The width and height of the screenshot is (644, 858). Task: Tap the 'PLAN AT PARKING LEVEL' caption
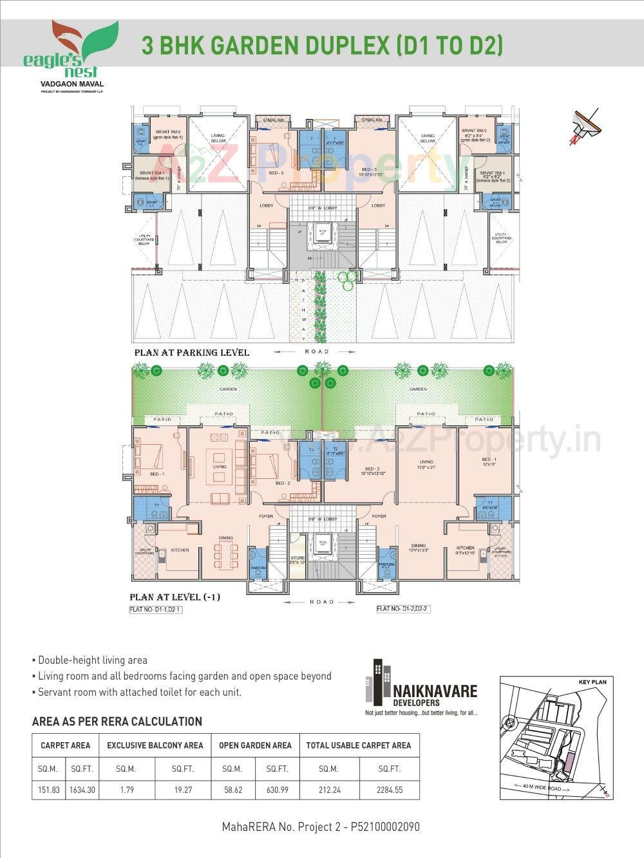(x=191, y=353)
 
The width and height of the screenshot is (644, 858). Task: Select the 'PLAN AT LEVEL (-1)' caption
(x=175, y=597)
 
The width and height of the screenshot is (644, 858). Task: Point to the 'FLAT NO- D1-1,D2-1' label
(x=155, y=609)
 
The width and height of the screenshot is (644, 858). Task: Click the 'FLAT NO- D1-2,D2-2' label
(x=402, y=609)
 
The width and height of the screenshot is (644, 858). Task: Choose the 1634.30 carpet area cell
(x=82, y=789)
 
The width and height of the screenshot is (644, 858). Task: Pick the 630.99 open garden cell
(x=277, y=789)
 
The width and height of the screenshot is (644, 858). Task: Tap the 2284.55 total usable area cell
(x=390, y=789)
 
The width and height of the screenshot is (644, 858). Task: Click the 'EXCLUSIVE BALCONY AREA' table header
(x=155, y=745)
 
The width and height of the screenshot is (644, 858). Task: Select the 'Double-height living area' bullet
(x=92, y=660)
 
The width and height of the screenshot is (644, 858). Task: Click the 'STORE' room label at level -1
(x=298, y=558)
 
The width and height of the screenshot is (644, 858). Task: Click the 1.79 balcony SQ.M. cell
(x=126, y=789)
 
